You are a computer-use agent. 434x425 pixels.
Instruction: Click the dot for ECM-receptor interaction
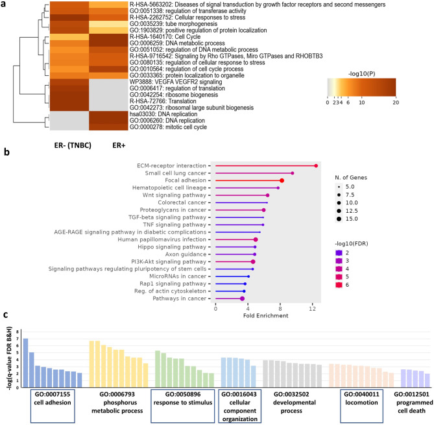click(x=316, y=165)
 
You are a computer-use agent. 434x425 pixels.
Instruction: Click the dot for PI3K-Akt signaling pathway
click(x=253, y=261)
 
